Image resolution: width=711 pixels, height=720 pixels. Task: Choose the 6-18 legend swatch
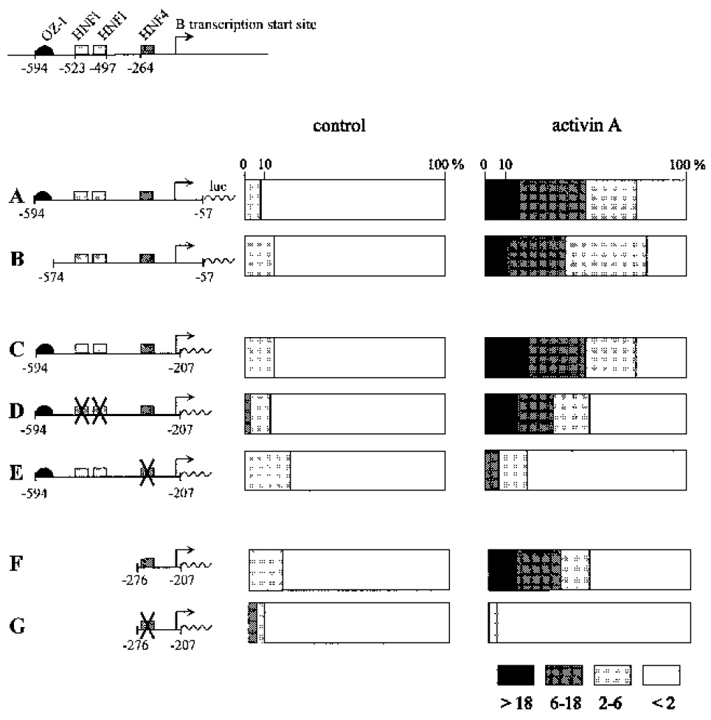[564, 675]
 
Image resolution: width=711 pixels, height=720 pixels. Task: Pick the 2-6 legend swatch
[612, 675]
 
